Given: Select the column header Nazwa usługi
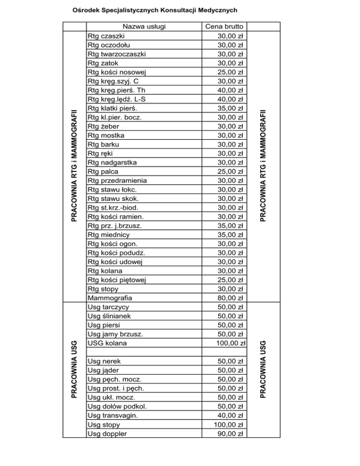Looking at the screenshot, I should point(143,26).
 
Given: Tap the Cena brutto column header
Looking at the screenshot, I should point(224,26).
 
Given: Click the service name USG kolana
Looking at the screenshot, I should point(107,343).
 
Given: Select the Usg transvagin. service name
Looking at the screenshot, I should point(113,415).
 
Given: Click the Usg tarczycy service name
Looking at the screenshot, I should point(110,307).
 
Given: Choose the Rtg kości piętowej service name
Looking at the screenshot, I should point(117,280).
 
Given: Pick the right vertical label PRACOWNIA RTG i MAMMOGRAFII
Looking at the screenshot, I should point(264,162).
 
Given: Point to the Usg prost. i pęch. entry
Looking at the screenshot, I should point(115,388).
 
